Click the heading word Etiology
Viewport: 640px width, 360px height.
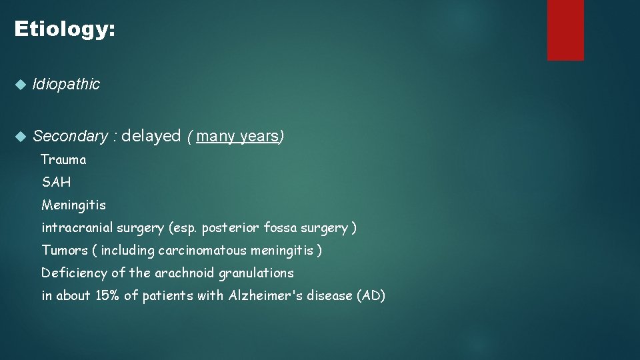click(x=64, y=29)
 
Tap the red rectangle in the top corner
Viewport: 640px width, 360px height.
click(x=565, y=29)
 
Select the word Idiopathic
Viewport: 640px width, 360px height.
click(x=66, y=84)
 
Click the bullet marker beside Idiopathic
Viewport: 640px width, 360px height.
click(x=20, y=85)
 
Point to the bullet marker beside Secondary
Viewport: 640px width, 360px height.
click(x=20, y=137)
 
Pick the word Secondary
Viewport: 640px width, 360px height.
click(x=70, y=137)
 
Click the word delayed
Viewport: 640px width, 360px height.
click(x=151, y=136)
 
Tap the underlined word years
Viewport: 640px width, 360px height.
click(x=259, y=137)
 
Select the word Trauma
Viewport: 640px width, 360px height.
click(x=63, y=159)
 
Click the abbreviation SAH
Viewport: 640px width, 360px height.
click(x=56, y=182)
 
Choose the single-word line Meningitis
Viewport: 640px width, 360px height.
click(x=73, y=205)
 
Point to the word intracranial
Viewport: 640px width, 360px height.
click(x=78, y=227)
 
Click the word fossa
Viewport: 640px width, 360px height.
click(x=280, y=227)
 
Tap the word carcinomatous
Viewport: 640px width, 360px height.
click(x=201, y=250)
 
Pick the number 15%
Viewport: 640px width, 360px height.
click(x=107, y=295)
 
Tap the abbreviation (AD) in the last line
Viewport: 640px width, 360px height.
click(x=371, y=295)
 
